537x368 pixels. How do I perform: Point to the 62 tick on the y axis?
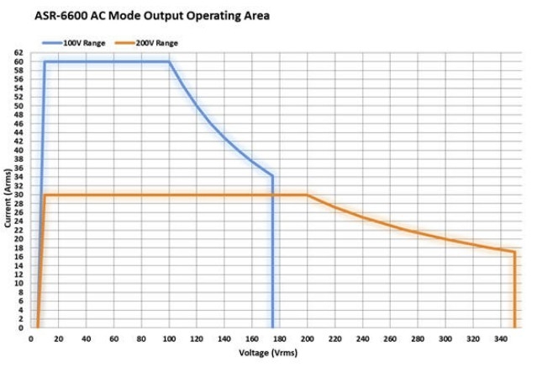tap(18, 52)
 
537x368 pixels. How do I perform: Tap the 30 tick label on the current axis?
tap(18, 195)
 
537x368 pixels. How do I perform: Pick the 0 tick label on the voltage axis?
tap(31, 338)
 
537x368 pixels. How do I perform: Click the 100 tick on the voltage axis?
tap(169, 338)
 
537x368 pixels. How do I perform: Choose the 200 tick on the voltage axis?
tap(308, 338)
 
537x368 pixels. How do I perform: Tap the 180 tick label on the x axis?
tap(280, 338)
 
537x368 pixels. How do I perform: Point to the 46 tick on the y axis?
tap(18, 124)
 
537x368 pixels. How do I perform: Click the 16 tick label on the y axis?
tap(18, 257)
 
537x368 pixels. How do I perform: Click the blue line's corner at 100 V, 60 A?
tap(169, 61)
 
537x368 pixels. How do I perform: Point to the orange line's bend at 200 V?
tap(308, 195)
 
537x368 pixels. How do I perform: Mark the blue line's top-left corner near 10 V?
tap(45, 61)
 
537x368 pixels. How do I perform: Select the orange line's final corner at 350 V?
tap(514, 252)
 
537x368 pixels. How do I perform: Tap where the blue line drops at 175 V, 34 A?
tap(273, 176)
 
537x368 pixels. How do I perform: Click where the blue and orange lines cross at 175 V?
tap(273, 195)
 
